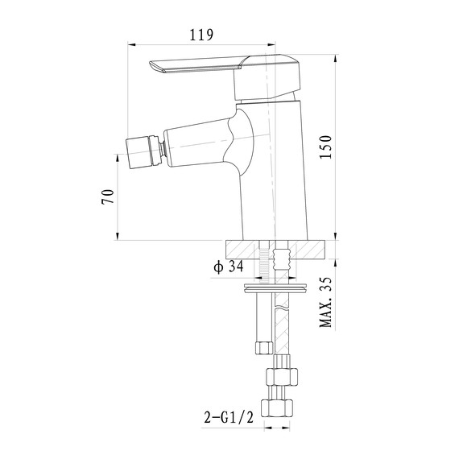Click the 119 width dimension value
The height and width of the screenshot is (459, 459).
pos(201,35)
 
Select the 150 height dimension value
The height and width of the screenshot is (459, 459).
pos(326,147)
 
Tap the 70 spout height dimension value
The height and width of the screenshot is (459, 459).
pos(107,196)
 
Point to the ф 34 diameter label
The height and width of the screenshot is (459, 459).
pos(229,267)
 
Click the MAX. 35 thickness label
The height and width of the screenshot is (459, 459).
pos(326,302)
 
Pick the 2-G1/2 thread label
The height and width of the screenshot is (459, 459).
pos(229,417)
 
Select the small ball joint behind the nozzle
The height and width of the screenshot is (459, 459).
pos(162,149)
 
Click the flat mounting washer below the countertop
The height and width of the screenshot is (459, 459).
pos(275,287)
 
